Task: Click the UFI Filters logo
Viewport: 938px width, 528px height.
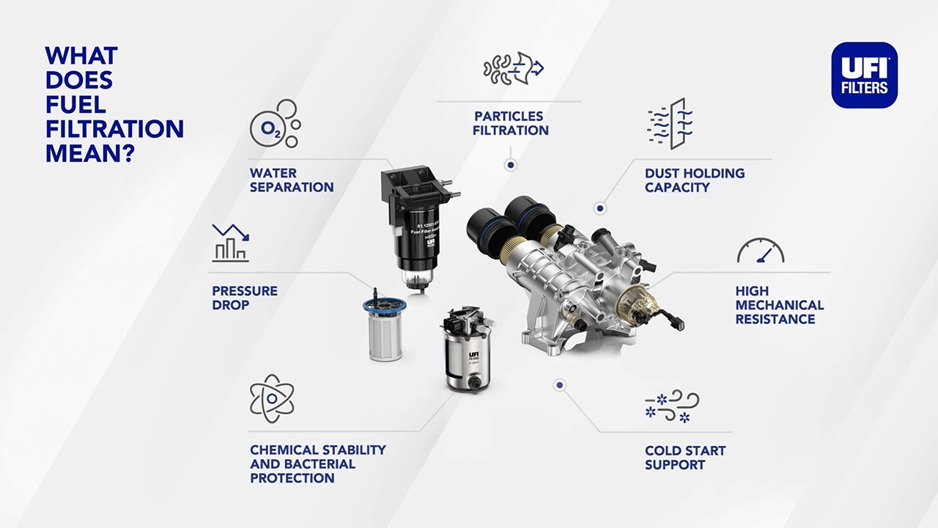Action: point(864,76)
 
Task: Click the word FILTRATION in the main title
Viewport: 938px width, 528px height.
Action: point(114,129)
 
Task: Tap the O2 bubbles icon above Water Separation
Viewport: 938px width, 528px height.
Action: point(275,124)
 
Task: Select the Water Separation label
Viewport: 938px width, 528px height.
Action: point(292,180)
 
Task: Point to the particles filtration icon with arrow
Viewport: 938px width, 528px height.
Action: point(513,67)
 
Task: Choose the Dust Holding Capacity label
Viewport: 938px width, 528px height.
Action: point(695,180)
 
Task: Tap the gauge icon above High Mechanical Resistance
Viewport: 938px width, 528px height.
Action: point(761,251)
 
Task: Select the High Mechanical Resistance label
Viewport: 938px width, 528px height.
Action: point(780,305)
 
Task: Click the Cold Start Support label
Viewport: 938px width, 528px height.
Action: point(685,458)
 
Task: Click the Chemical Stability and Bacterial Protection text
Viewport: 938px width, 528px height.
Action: point(317,463)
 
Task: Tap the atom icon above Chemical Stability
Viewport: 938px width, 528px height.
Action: point(272,398)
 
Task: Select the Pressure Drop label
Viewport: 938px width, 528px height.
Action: point(245,298)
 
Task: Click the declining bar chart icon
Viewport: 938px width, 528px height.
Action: point(231,243)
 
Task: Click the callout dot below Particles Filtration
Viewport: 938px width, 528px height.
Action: point(511,166)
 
